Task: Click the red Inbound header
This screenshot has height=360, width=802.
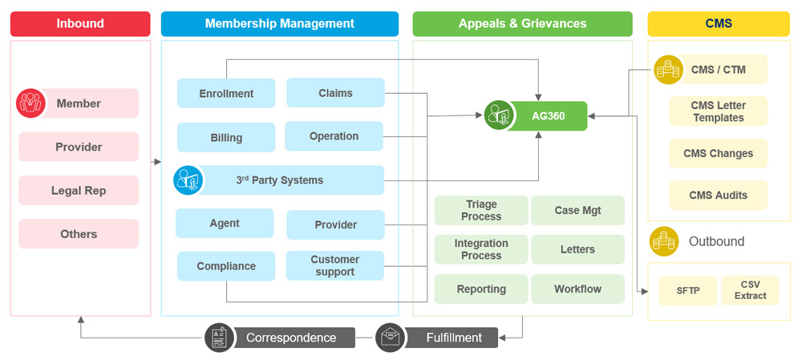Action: click(x=80, y=23)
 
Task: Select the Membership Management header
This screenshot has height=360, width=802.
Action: click(x=279, y=23)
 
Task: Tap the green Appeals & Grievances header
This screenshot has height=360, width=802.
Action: click(x=522, y=23)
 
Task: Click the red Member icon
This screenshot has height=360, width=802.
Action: click(x=30, y=103)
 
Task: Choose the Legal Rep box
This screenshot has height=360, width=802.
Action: click(x=79, y=191)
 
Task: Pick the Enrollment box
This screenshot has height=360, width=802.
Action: click(x=226, y=93)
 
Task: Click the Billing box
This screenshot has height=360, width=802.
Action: click(x=226, y=137)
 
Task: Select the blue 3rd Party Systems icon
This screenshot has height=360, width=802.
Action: click(x=187, y=180)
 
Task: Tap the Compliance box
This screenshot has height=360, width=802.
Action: click(x=226, y=266)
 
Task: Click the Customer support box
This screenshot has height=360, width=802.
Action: click(x=335, y=265)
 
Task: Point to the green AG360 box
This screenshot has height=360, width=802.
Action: click(x=549, y=115)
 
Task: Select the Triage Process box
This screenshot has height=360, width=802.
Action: click(x=481, y=210)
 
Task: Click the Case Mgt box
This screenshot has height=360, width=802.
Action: click(x=577, y=210)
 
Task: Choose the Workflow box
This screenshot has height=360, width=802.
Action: click(x=577, y=289)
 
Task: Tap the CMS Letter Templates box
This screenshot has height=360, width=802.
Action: click(x=719, y=111)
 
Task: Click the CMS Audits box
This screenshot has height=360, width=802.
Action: click(x=719, y=195)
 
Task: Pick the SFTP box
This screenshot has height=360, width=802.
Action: click(x=687, y=290)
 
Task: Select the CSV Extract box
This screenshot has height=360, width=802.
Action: click(x=750, y=289)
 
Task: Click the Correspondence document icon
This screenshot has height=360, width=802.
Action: click(x=218, y=338)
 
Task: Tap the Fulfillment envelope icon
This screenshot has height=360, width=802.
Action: click(x=390, y=338)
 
